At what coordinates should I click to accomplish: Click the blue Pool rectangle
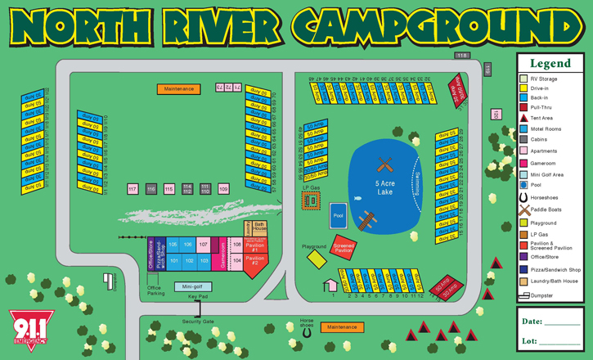339,216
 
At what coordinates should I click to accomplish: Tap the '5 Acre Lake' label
385,187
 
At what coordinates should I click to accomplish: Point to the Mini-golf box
191,287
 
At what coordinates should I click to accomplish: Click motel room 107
203,245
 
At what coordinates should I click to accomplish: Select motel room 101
174,261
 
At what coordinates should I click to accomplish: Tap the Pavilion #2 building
255,263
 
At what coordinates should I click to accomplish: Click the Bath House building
260,226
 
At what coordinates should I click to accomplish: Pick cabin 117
133,189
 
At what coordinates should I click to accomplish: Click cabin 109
223,189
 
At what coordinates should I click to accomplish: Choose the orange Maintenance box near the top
178,88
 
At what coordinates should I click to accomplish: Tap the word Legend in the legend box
550,63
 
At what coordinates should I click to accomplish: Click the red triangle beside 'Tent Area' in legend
523,118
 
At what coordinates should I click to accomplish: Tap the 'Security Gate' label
197,322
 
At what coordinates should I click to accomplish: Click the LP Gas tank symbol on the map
310,200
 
